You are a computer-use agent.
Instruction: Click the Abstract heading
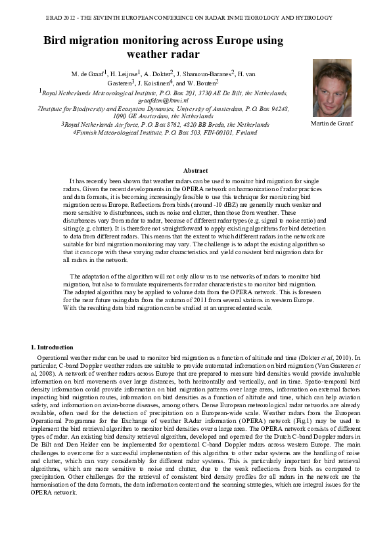pyautogui.click(x=195, y=171)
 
